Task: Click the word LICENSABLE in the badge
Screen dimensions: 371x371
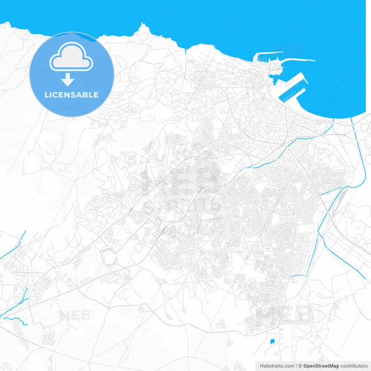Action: pos(72,94)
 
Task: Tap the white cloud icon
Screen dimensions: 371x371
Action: pos(72,58)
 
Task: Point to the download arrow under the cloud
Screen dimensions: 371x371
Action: pos(72,77)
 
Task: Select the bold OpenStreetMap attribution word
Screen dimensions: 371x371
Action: pos(320,365)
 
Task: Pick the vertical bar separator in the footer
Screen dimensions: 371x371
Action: pos(295,365)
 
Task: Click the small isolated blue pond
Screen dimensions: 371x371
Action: pos(271,341)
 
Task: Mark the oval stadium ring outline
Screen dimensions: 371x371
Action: pos(109,257)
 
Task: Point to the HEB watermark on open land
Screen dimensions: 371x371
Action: pos(76,315)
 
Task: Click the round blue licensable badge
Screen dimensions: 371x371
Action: pos(72,74)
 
